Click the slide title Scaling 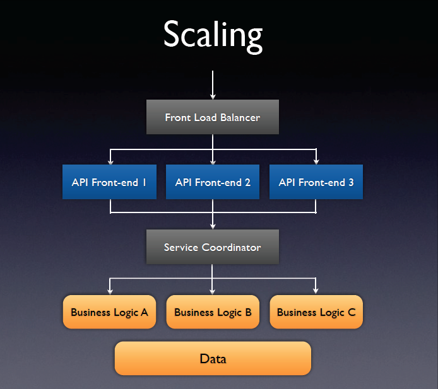[x=213, y=35]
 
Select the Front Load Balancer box [x=213, y=117]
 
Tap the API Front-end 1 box [x=109, y=182]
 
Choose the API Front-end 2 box [x=213, y=182]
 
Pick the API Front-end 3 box [x=316, y=182]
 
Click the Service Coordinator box [x=213, y=247]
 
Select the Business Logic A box [x=109, y=312]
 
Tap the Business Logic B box [x=213, y=312]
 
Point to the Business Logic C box [x=316, y=312]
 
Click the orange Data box [x=213, y=359]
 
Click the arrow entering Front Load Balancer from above [x=213, y=84]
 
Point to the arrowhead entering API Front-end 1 [x=110, y=161]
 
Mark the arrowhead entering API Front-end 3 [x=316, y=161]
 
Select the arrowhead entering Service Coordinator [x=213, y=226]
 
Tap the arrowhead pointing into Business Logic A [x=110, y=291]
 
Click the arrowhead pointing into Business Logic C [x=316, y=291]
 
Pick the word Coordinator [x=231, y=247]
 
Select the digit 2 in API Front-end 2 [x=247, y=182]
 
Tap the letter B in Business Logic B [x=248, y=312]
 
